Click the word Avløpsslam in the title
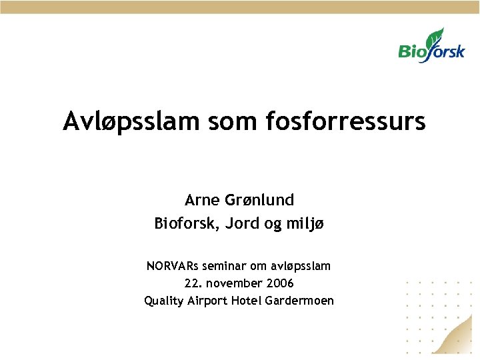131,122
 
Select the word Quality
163,301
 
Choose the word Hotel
246,301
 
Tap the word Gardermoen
299,301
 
